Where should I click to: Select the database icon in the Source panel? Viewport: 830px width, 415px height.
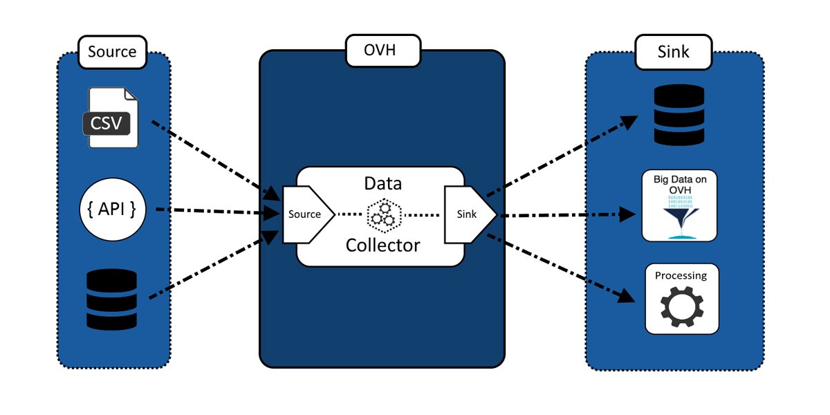pyautogui.click(x=112, y=299)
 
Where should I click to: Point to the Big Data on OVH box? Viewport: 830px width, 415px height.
pyautogui.click(x=678, y=205)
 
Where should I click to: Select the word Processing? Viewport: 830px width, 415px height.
pyautogui.click(x=681, y=275)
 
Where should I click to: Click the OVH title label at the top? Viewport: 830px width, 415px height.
pyautogui.click(x=381, y=51)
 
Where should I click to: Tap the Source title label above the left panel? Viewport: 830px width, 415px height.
pyautogui.click(x=112, y=52)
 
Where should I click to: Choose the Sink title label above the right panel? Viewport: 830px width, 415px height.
pyautogui.click(x=673, y=52)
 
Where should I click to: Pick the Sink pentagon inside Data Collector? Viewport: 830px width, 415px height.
pyautogui.click(x=468, y=214)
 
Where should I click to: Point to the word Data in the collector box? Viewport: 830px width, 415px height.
pyautogui.click(x=382, y=185)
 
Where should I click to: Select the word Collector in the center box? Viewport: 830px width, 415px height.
pyautogui.click(x=382, y=245)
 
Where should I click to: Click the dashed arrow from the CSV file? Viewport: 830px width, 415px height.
pyautogui.click(x=207, y=156)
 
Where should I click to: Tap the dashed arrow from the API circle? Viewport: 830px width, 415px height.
pyautogui.click(x=207, y=210)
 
